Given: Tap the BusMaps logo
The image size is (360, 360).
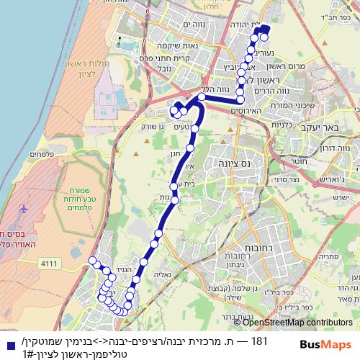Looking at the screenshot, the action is pos(321,343).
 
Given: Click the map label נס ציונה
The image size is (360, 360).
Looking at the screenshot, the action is pos(231,164).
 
